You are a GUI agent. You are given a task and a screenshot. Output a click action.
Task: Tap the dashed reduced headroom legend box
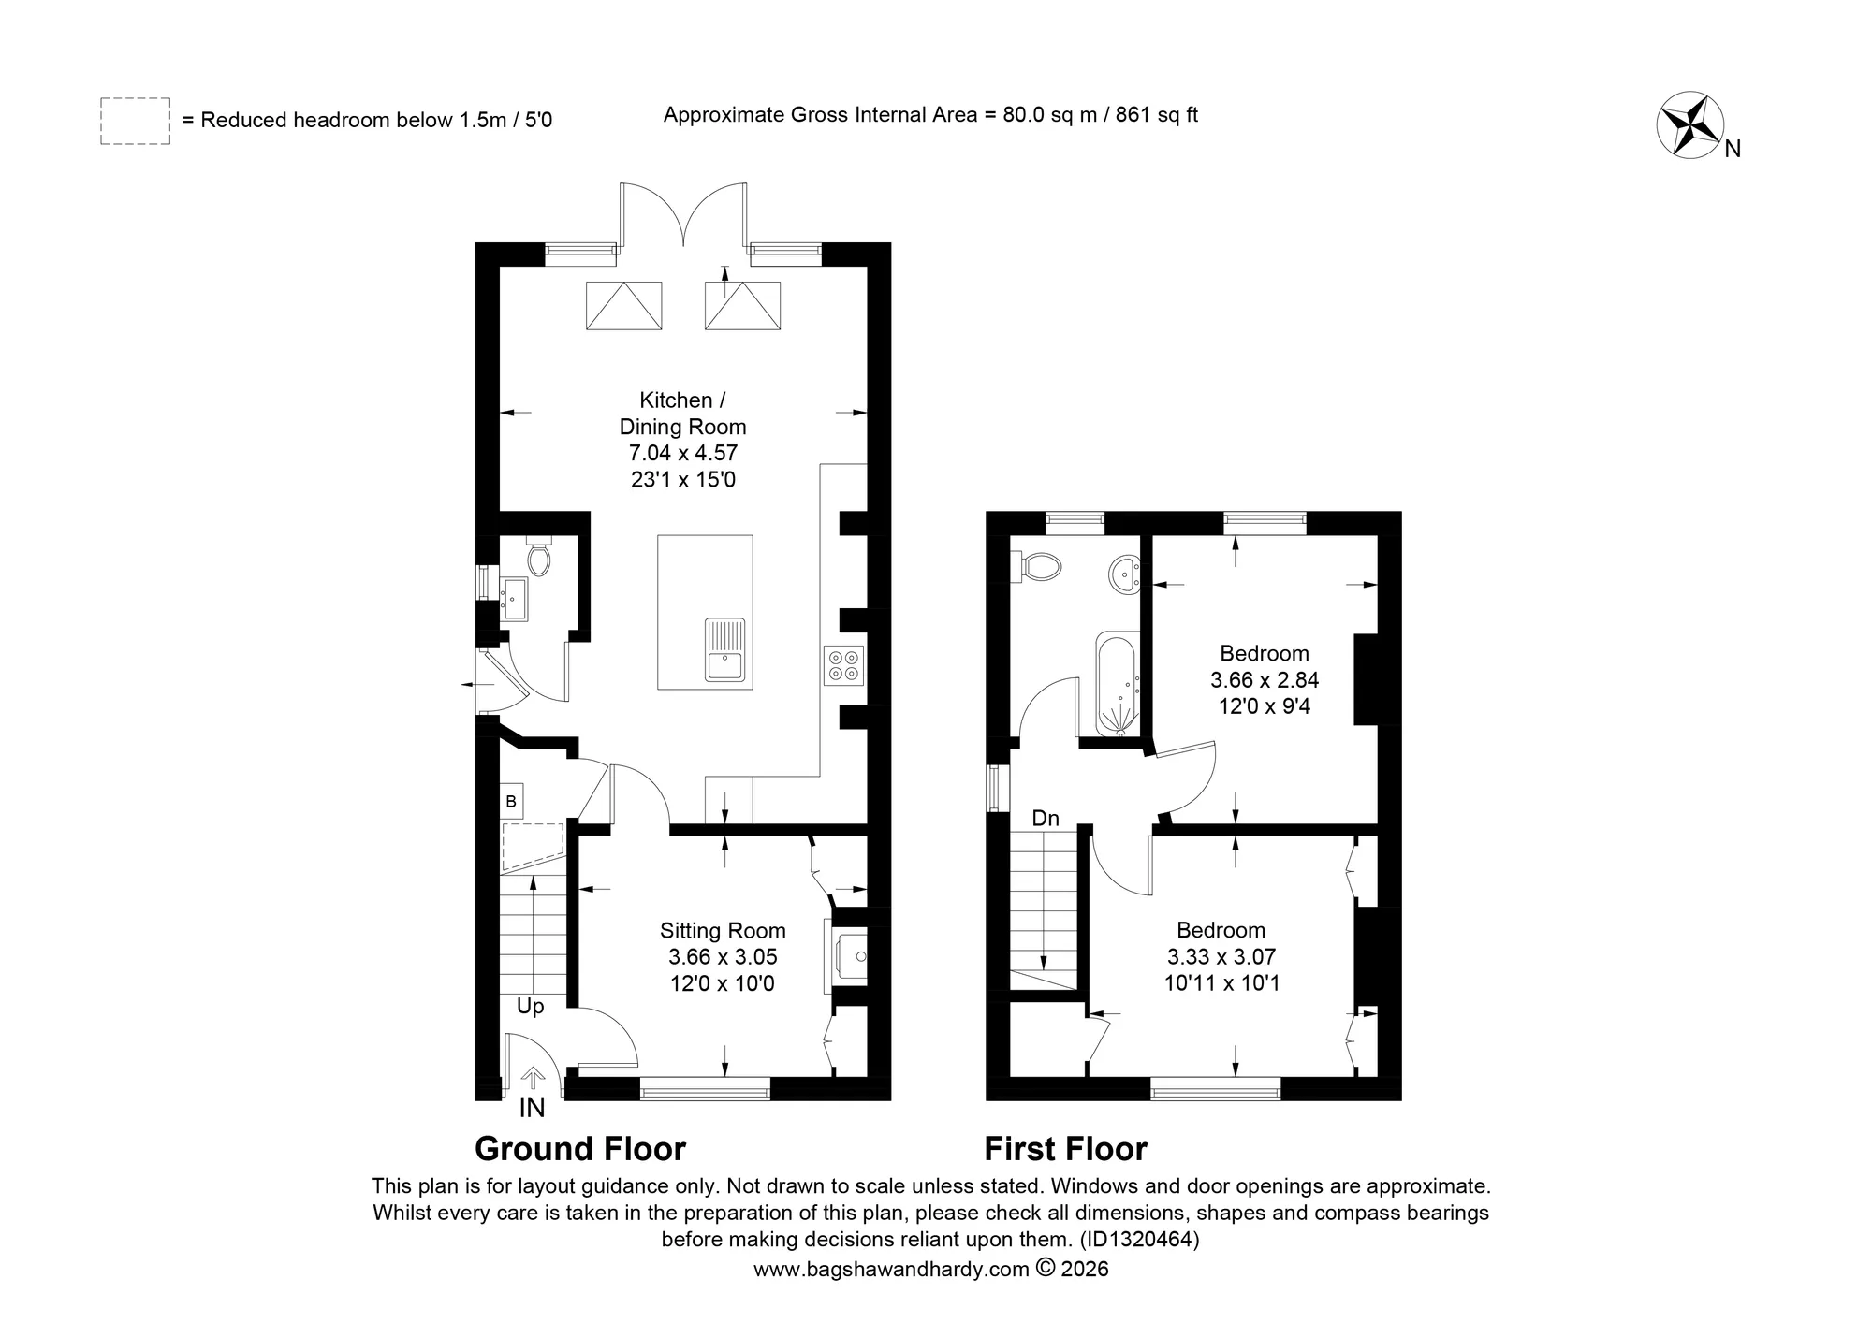136,121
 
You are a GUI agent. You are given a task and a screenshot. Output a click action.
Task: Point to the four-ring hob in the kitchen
843,664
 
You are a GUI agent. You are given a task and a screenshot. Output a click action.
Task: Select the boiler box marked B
511,802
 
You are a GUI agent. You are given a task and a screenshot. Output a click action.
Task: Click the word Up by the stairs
531,1007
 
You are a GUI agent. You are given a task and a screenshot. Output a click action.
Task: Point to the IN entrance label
532,1108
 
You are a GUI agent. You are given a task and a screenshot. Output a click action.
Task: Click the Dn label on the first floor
1046,819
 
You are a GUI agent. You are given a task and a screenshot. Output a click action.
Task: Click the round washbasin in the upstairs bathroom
1124,573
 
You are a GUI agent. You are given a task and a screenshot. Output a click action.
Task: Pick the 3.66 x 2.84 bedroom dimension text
1265,680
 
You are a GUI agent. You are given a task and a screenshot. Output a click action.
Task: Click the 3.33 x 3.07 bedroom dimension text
1221,957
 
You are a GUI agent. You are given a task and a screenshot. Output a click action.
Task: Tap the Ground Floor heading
580,1149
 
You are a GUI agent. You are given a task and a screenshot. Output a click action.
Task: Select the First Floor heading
1066,1149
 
